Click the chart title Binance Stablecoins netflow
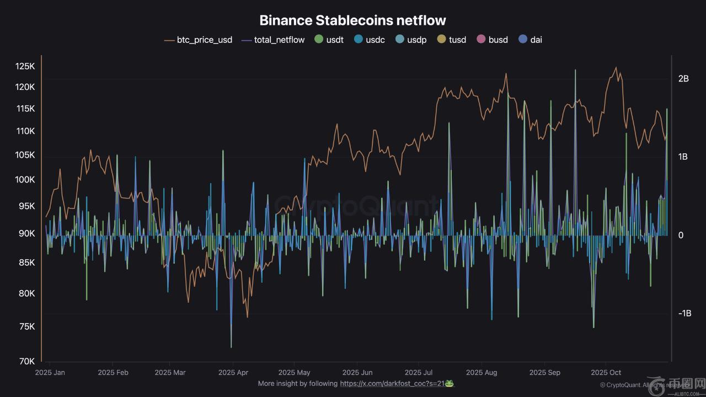352,20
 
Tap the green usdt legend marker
319,39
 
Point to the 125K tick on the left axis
25,67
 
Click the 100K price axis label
25,180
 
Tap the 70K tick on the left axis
27,362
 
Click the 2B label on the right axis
684,79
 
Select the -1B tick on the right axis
684,313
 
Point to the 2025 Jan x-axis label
50,373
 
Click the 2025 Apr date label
233,373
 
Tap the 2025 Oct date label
606,373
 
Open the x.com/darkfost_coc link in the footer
393,383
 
